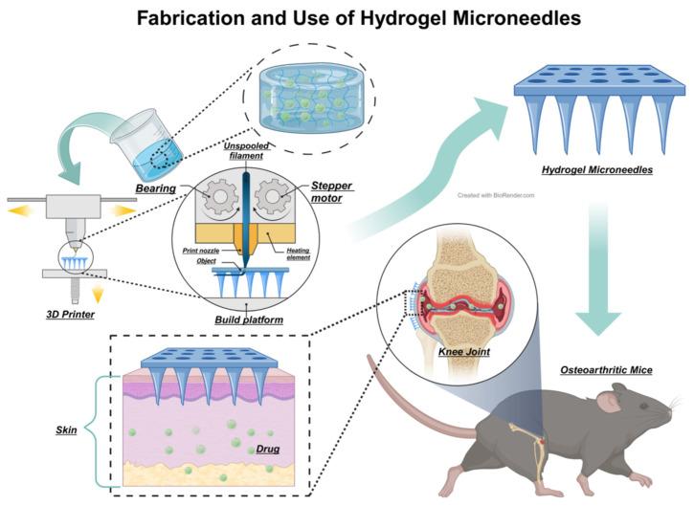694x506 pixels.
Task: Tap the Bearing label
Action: [156, 189]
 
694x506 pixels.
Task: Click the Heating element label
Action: [298, 253]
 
